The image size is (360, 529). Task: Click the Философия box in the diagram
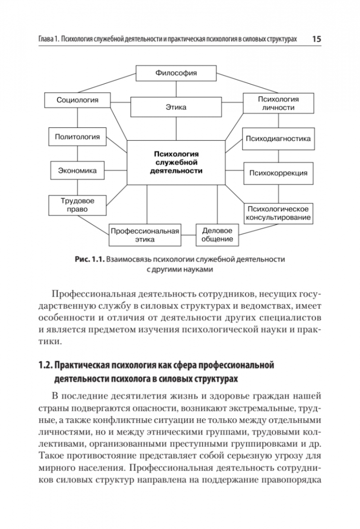176,73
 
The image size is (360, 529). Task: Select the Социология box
77,100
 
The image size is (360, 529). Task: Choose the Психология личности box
278,103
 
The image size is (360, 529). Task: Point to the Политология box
77,137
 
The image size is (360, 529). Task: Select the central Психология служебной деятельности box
176,162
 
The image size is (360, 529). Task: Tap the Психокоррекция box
278,173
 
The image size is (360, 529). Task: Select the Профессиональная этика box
144,235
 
